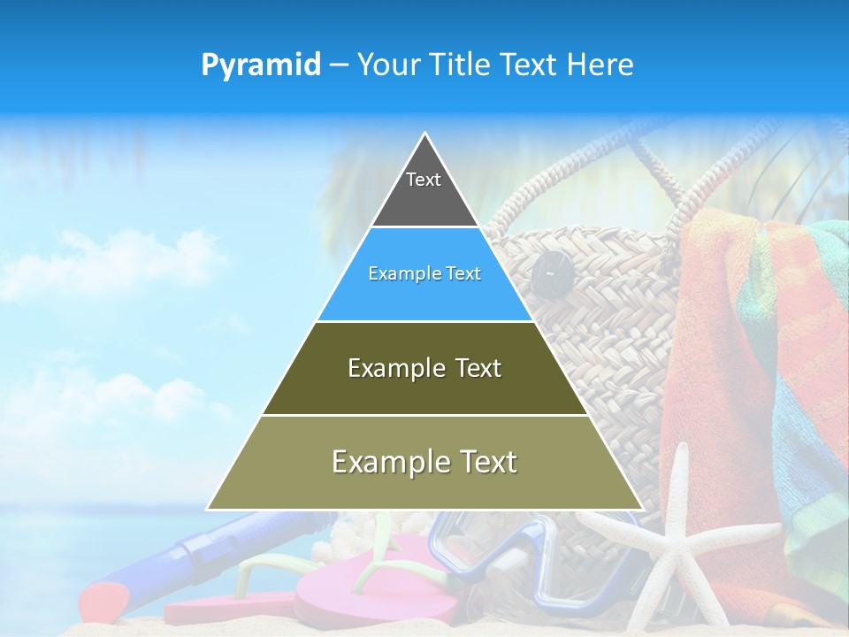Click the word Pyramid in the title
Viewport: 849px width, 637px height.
coord(261,65)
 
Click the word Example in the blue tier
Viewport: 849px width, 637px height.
coord(397,274)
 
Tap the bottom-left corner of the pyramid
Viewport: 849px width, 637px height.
coord(209,509)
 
